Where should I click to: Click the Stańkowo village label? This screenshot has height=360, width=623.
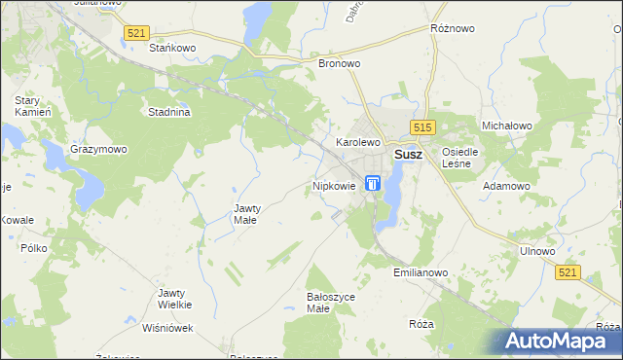[x=173, y=47]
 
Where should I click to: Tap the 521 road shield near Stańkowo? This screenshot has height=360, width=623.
[x=137, y=33]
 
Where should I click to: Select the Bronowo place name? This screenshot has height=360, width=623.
[x=340, y=63]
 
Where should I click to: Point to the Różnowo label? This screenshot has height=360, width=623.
[x=452, y=29]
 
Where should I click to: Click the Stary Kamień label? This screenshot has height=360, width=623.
[x=32, y=107]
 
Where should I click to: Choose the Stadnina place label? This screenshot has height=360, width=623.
[x=168, y=112]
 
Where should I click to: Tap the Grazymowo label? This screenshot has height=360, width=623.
[x=98, y=150]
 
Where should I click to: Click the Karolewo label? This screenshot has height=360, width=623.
[x=357, y=142]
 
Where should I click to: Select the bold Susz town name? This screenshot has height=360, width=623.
[x=407, y=155]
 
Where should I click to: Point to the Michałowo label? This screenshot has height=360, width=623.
[x=506, y=126]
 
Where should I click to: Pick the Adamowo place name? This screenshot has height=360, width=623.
[x=507, y=185]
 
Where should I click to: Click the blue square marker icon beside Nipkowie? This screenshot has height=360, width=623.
[x=373, y=183]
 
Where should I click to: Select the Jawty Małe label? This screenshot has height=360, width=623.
[x=245, y=214]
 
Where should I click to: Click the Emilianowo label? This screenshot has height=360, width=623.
[x=421, y=273]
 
